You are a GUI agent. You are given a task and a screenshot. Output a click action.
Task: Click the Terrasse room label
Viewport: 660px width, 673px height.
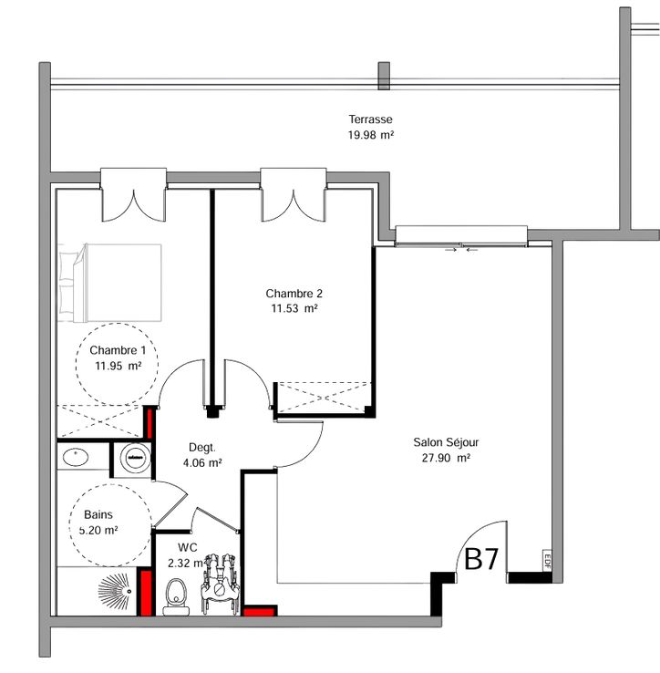(x=370, y=119)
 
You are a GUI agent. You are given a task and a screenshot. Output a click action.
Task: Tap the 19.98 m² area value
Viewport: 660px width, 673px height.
(x=371, y=135)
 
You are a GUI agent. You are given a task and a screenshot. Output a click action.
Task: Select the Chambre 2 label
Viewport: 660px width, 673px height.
(x=294, y=294)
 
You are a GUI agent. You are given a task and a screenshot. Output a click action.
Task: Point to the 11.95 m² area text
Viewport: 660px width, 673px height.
(x=118, y=366)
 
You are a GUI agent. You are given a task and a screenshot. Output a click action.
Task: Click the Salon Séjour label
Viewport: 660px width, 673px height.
(x=446, y=442)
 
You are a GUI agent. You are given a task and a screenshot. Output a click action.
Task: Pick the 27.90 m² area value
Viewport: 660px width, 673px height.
(x=446, y=458)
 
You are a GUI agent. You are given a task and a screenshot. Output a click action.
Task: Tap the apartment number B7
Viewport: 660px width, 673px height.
(x=481, y=559)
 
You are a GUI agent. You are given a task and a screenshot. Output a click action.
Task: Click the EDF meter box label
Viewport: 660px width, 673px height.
(x=547, y=561)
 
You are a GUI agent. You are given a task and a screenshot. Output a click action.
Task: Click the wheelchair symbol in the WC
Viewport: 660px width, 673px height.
(x=220, y=584)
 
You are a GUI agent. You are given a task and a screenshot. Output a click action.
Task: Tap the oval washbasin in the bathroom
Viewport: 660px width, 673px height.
(x=76, y=457)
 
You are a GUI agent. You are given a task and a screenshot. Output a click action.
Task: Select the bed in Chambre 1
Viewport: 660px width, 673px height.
(x=110, y=283)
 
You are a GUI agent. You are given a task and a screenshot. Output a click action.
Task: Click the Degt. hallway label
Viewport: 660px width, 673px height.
(x=202, y=448)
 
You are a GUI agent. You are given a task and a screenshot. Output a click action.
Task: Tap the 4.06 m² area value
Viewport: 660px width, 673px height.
(x=202, y=463)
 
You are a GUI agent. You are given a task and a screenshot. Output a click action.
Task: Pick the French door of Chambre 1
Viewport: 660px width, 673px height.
(x=133, y=195)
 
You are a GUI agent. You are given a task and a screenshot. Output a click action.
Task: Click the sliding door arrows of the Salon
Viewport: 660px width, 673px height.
(x=461, y=249)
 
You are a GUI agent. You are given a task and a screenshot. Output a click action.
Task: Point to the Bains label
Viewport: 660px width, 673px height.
(x=98, y=514)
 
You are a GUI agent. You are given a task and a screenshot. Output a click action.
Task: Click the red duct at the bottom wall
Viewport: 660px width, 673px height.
(x=260, y=611)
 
